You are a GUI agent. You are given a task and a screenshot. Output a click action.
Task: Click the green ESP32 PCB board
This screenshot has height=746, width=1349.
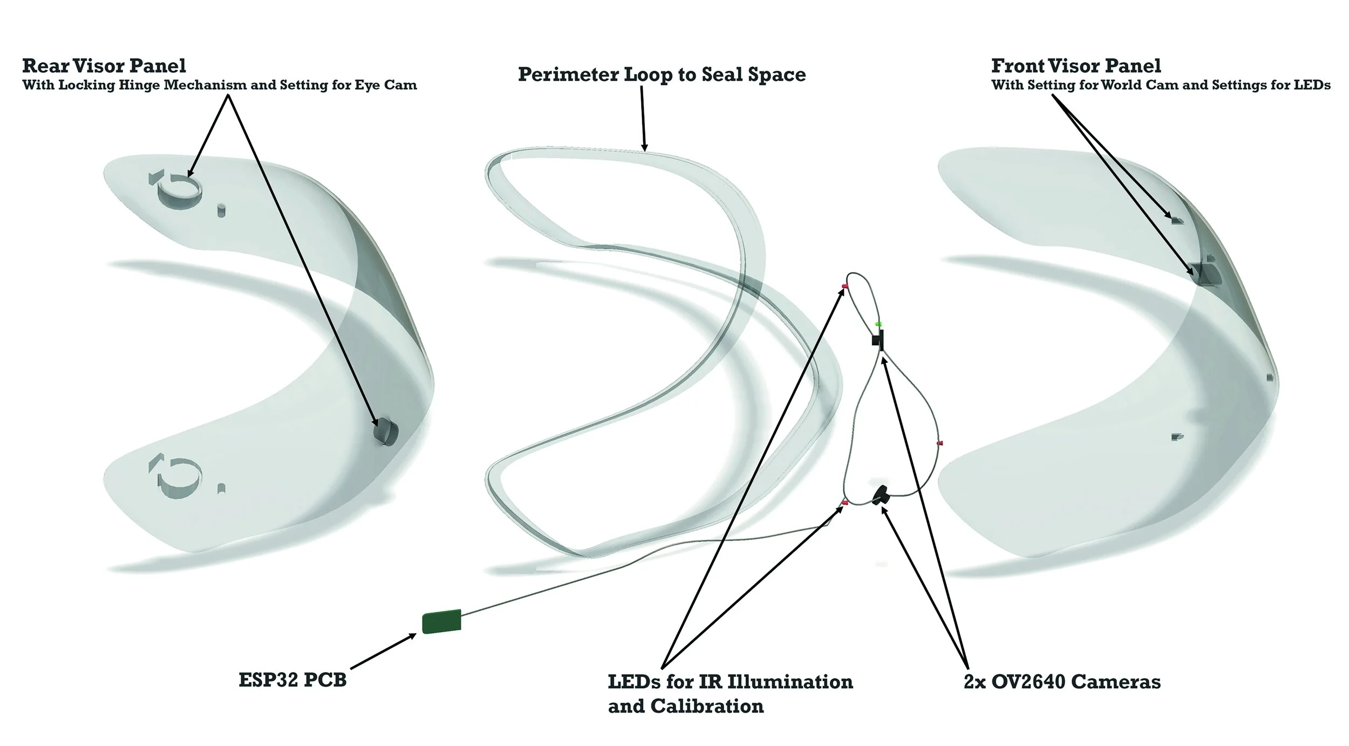tap(441, 621)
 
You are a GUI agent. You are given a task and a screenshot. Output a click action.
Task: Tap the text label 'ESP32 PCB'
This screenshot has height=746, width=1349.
tap(292, 680)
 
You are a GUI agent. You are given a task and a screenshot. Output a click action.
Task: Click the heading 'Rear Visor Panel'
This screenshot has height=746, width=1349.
tap(104, 66)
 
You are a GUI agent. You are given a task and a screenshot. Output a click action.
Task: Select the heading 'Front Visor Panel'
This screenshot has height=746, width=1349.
tap(1076, 66)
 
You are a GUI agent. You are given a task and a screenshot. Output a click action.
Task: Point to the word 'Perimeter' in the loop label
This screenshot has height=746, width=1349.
tap(568, 74)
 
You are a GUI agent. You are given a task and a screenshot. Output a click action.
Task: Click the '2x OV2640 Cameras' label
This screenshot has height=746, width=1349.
tap(1062, 682)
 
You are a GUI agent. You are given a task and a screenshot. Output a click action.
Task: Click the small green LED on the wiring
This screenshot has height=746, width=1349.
tap(878, 324)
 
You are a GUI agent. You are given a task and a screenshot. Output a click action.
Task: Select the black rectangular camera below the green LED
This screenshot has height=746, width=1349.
tap(878, 340)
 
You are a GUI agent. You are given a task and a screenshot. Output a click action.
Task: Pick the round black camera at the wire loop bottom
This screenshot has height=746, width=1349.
tap(882, 494)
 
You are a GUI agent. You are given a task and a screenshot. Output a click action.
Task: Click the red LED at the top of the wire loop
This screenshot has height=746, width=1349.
tap(845, 286)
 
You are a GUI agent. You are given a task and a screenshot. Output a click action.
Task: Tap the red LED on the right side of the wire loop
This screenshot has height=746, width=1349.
tap(940, 443)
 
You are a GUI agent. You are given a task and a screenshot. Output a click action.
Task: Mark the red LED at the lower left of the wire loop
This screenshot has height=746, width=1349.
tap(845, 503)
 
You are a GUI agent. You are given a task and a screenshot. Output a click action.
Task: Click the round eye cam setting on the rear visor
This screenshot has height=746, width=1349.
tap(386, 431)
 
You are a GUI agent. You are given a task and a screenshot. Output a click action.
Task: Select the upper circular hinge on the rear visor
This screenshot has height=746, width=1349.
tap(180, 191)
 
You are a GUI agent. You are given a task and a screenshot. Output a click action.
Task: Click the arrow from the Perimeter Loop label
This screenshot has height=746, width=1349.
tap(643, 119)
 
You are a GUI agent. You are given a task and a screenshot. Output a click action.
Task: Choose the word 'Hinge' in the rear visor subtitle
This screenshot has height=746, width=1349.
tap(184, 85)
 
